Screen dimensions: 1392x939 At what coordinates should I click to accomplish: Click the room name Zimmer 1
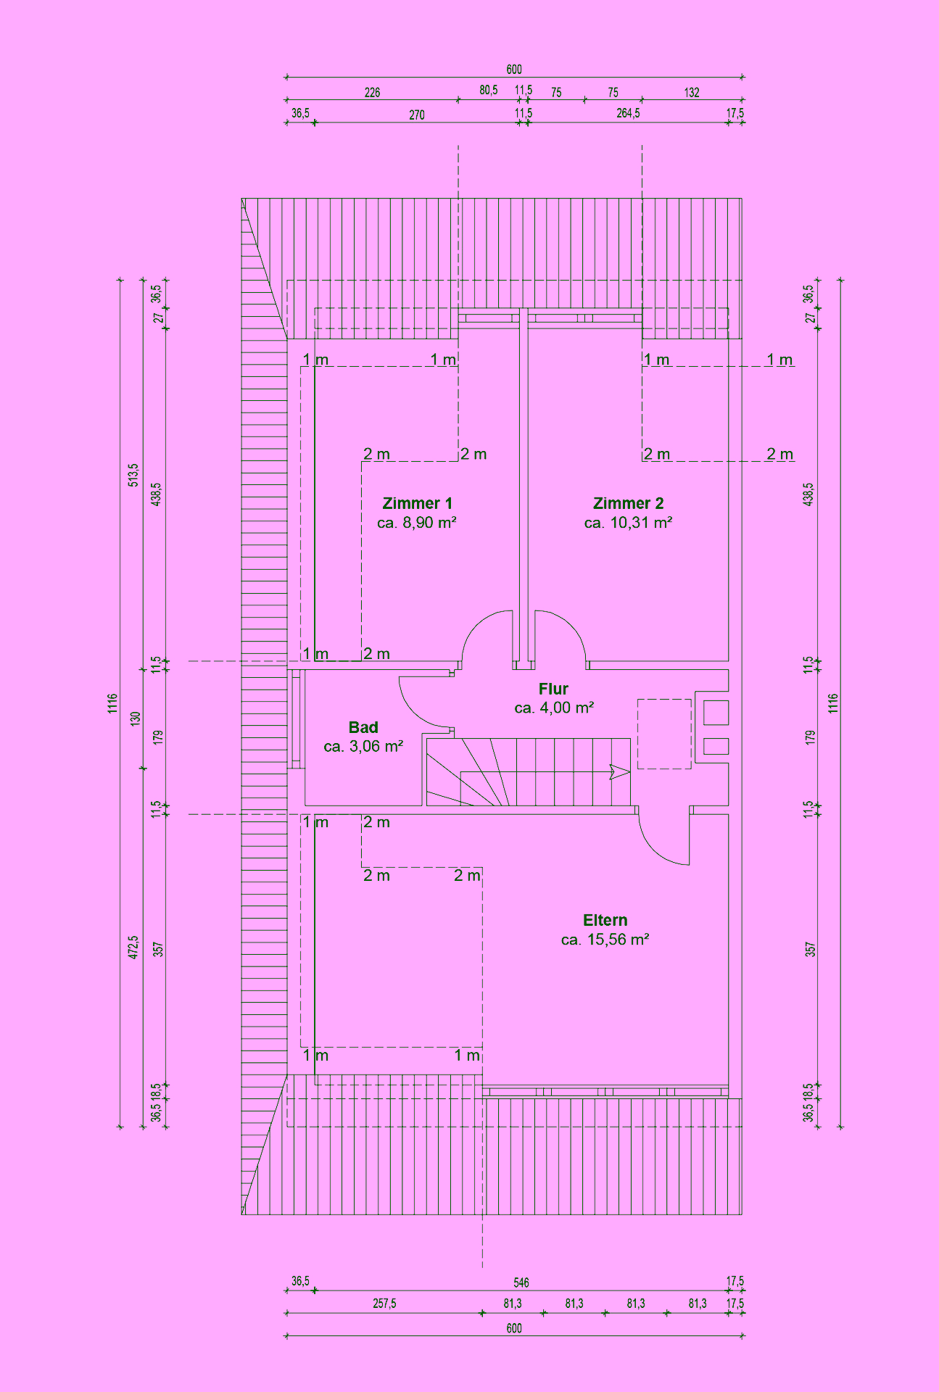tap(417, 503)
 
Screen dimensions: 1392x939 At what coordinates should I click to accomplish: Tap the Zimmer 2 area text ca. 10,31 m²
tap(628, 523)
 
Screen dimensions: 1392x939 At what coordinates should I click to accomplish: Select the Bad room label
tap(363, 727)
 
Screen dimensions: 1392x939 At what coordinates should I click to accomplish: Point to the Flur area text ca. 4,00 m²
tap(554, 708)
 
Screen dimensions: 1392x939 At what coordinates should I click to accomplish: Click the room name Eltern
tap(605, 920)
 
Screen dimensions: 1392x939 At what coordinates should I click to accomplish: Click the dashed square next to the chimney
tap(664, 734)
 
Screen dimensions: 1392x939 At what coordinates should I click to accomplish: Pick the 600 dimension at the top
tap(513, 70)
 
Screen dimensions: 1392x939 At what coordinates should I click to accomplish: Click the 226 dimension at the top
tap(372, 93)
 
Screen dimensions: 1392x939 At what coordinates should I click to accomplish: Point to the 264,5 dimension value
tap(628, 114)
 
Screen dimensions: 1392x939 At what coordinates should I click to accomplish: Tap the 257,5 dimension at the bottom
tap(384, 1304)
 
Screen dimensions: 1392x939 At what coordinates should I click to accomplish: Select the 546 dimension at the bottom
tap(521, 1283)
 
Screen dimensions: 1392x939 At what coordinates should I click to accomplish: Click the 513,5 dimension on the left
tap(133, 475)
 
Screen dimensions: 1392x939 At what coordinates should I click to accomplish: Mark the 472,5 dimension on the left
tap(133, 947)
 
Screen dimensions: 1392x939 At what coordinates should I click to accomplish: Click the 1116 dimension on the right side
tap(833, 703)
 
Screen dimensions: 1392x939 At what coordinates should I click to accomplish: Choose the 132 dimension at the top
tap(692, 93)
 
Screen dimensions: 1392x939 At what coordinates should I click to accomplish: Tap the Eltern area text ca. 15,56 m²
tap(605, 940)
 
